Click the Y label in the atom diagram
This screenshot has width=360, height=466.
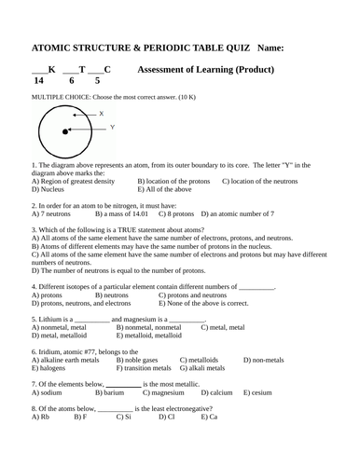(x=113, y=127)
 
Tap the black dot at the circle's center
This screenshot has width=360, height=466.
(x=65, y=132)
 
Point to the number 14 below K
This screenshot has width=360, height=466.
(x=38, y=81)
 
